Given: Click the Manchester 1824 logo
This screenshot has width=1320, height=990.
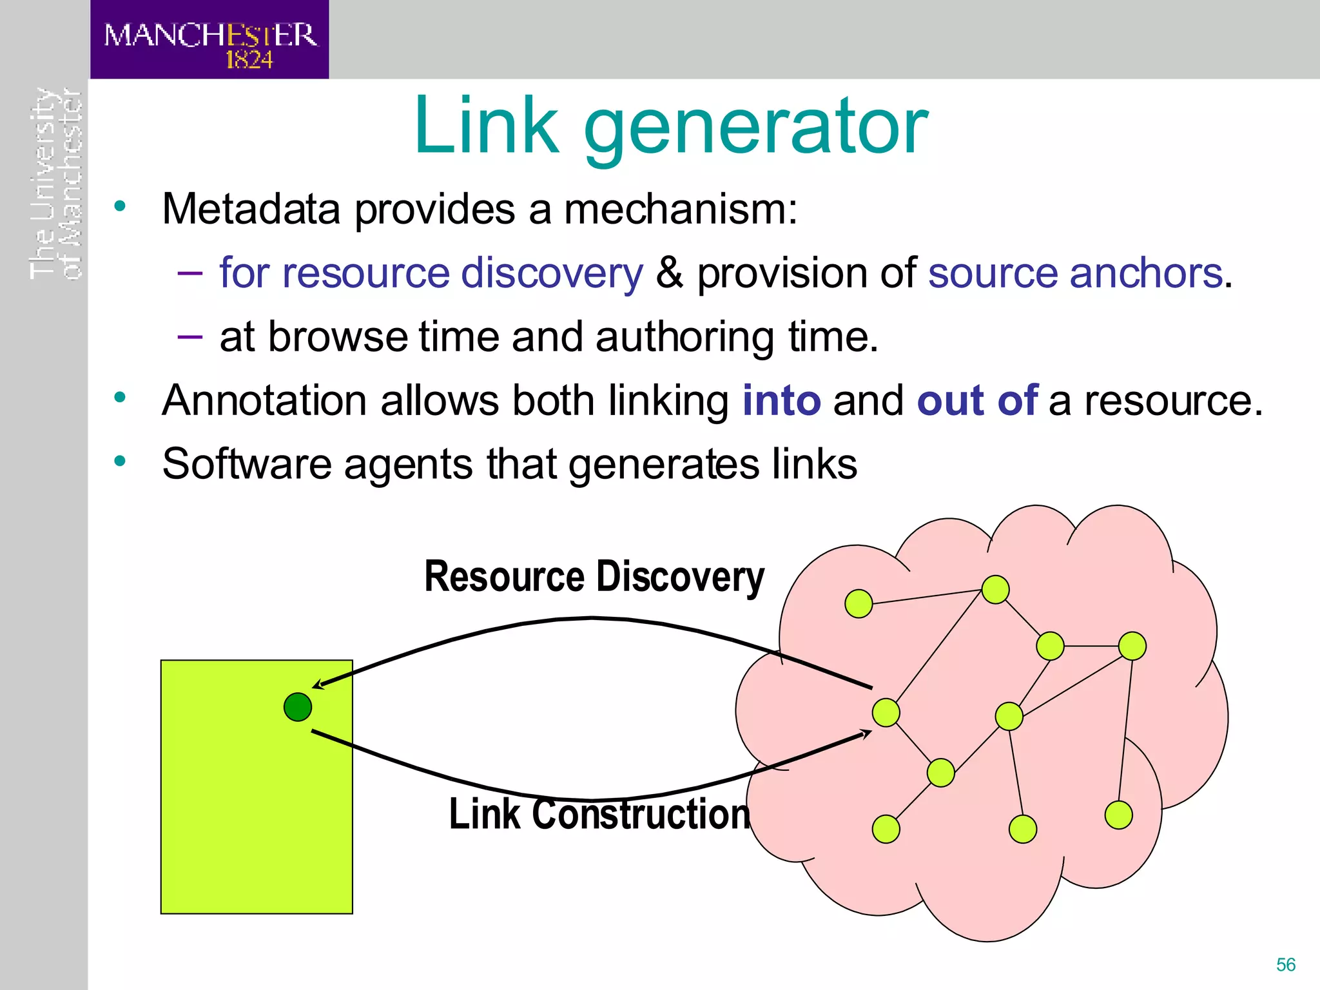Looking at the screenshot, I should coord(209,40).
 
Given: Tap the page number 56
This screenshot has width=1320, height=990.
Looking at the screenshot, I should coord(1285,964).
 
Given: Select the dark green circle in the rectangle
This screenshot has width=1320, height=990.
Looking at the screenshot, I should coord(298,707).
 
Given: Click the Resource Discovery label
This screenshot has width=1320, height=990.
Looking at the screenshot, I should coord(594,576).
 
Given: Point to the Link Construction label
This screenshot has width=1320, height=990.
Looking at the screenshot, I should coord(599,813).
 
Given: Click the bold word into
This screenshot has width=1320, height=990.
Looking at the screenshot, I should coord(781,400).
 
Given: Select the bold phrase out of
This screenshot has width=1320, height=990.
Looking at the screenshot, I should coord(976,400).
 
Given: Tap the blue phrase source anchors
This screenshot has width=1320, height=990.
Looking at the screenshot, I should coord(1075,273).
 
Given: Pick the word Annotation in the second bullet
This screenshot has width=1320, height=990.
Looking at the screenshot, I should coord(264,400).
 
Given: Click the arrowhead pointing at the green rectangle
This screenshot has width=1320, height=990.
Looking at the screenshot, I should coord(318,684).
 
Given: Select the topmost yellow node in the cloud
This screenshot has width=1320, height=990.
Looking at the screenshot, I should coord(995,589).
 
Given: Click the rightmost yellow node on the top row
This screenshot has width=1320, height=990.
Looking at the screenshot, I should coord(1132,646).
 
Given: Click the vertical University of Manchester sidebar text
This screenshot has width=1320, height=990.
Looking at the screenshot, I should coord(55,184).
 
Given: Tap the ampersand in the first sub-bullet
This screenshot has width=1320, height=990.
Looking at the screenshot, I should coord(669,273).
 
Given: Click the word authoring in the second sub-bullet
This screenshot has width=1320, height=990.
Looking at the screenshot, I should coord(684,337).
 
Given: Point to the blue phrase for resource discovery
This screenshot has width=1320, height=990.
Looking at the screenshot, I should coord(431,273).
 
